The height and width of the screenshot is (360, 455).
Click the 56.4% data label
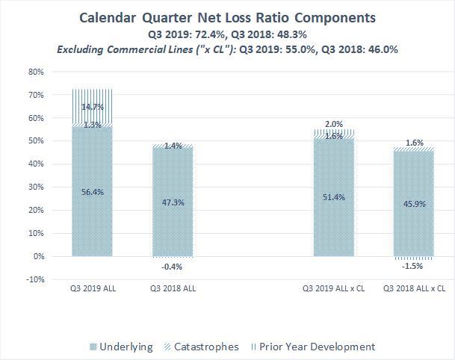[93, 191]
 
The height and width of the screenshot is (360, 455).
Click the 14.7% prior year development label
[93, 108]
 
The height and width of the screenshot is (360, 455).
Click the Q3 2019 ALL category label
[93, 288]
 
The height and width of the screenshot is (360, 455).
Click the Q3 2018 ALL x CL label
[415, 288]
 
